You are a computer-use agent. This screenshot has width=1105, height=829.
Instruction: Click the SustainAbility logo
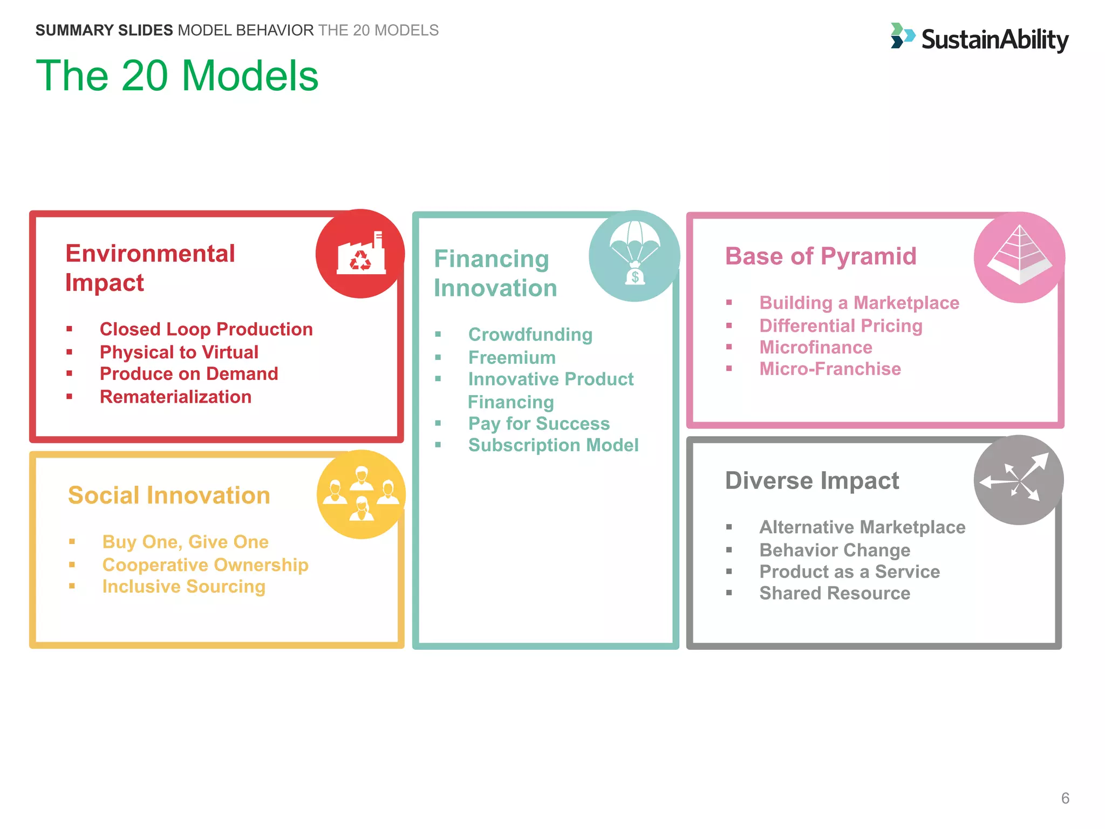(x=979, y=38)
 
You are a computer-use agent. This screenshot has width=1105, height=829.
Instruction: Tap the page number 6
(x=1065, y=798)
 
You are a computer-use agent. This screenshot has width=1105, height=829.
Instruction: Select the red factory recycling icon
(x=360, y=254)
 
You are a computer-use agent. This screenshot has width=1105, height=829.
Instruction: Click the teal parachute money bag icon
(x=634, y=256)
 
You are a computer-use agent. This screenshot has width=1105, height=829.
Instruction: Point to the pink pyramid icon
(x=1019, y=257)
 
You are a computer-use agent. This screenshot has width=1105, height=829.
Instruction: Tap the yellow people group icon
(x=361, y=494)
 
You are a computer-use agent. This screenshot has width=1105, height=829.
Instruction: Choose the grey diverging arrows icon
(x=1018, y=479)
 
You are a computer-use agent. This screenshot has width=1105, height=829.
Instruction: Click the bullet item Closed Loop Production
(x=206, y=329)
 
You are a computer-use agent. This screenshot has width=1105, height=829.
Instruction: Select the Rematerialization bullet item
(x=175, y=397)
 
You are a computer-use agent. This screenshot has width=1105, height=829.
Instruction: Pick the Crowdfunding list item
(x=530, y=335)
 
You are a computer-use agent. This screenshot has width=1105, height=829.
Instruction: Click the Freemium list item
(x=511, y=357)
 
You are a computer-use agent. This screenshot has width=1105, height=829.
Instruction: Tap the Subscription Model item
(x=553, y=445)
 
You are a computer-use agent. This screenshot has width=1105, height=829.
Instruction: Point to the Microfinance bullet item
(x=815, y=347)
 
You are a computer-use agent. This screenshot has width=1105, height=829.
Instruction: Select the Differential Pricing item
(x=841, y=325)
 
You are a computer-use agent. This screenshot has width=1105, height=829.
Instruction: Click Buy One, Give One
(x=185, y=541)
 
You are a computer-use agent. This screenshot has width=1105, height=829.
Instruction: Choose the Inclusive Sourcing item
(x=183, y=586)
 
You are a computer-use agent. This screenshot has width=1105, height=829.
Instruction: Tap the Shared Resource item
(x=834, y=593)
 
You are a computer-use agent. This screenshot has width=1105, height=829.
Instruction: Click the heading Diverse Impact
(x=811, y=480)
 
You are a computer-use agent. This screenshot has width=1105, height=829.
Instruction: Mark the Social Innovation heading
(x=169, y=495)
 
